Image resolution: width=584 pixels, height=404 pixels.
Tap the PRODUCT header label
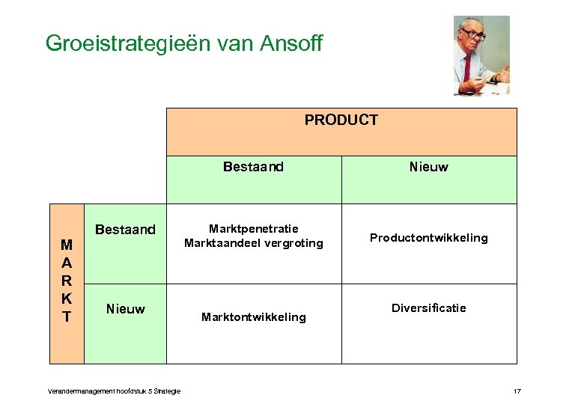click(x=341, y=120)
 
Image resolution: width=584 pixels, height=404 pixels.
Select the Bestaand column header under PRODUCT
click(x=253, y=167)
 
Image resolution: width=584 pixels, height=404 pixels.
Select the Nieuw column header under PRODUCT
click(x=428, y=167)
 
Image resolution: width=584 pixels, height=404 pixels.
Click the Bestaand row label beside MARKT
click(x=125, y=230)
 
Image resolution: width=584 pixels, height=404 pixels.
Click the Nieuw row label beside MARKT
click(x=125, y=309)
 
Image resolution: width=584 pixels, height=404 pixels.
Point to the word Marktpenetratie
click(x=253, y=229)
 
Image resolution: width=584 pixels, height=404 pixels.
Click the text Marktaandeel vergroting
click(x=253, y=243)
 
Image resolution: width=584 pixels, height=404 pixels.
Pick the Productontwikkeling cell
click(x=428, y=238)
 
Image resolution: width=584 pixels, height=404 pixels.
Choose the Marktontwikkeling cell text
click(x=253, y=317)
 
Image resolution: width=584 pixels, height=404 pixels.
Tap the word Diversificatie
click(x=428, y=308)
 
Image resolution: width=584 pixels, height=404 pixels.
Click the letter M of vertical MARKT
click(x=67, y=245)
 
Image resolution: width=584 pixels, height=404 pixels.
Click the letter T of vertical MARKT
click(x=67, y=317)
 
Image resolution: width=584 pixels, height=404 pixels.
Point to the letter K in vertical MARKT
click(x=67, y=299)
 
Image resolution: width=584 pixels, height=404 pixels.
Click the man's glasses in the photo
click(x=473, y=35)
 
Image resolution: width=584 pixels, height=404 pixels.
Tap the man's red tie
click(x=467, y=67)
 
